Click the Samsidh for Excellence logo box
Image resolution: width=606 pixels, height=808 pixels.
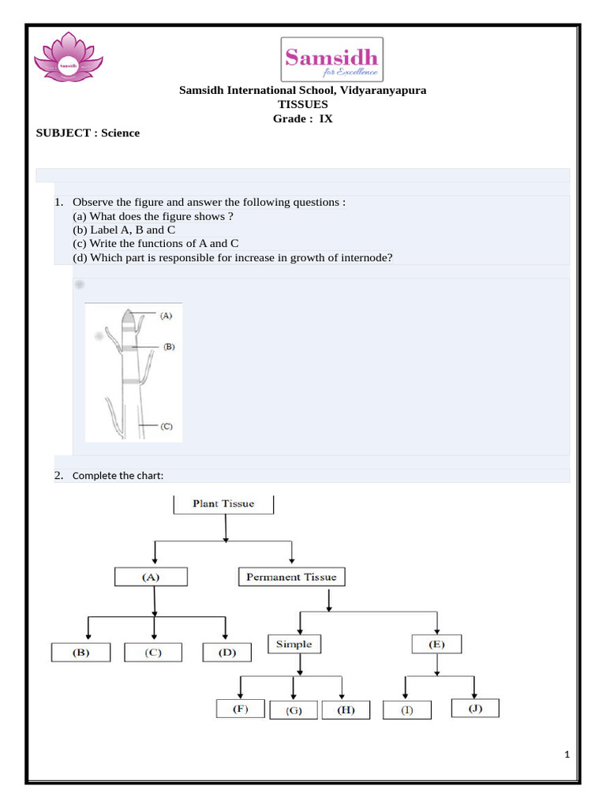332,59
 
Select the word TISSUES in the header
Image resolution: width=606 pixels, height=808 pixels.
302,104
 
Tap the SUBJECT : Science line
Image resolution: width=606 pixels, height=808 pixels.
88,133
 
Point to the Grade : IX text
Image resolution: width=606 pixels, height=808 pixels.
302,118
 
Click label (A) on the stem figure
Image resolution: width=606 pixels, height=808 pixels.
166,316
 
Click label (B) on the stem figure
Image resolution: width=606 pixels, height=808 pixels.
168,346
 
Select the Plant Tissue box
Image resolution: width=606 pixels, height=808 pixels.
224,503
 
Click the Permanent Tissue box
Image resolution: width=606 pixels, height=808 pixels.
291,578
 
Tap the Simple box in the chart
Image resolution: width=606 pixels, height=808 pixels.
294,645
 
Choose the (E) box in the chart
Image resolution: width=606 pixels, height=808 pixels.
436,645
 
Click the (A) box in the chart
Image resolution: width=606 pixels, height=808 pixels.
151,577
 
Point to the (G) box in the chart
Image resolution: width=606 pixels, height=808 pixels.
294,710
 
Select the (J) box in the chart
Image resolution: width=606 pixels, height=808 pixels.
475,709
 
